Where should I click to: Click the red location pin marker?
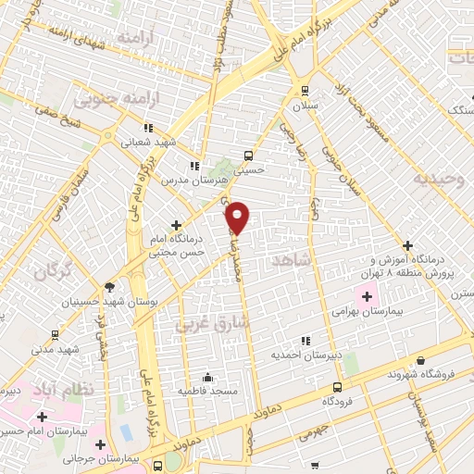coord(238,217)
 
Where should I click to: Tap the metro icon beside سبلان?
coord(305,90)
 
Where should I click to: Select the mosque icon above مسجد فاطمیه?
coord(207,377)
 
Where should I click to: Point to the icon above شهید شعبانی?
coord(146,128)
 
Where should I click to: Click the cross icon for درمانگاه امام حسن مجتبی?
coord(176,225)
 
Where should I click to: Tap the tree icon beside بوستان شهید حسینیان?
coord(110,287)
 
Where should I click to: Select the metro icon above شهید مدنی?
coord(56,335)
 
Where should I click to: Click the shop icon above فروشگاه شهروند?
coord(421,360)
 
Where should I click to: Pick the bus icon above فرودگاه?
coord(336,387)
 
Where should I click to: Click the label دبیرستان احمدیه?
coord(306,355)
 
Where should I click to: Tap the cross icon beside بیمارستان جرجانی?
coord(100,444)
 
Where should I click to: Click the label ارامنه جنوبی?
coord(110,97)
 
